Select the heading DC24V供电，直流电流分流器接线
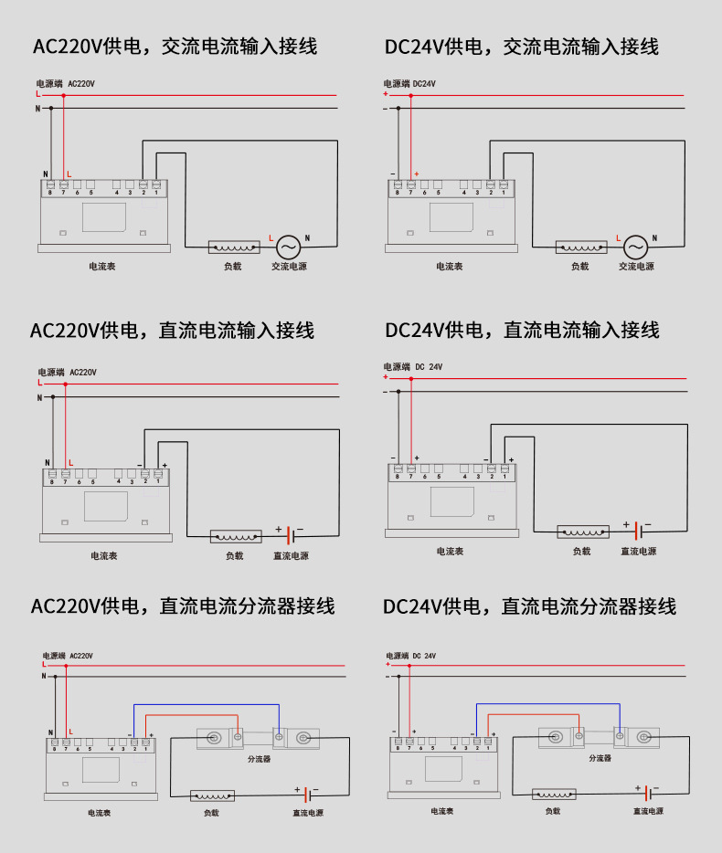529,606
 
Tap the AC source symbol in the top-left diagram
288,247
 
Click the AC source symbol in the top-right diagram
635,247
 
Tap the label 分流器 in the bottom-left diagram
259,759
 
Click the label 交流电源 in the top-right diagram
636,267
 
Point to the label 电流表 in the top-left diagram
101,267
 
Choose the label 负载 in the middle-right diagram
581,551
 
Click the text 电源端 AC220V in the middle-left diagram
67,373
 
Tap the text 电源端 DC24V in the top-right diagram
409,84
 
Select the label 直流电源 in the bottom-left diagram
308,813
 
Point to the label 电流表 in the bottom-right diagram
444,810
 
